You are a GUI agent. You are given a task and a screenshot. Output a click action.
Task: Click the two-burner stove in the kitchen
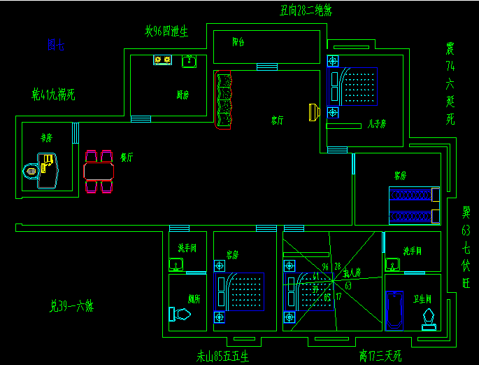pos(163,61)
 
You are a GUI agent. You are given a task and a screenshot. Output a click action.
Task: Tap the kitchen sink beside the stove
pos(189,62)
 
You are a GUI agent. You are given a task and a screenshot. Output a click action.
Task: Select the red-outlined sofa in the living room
pos(224,99)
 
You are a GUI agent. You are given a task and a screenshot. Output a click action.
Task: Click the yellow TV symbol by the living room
pos(314,111)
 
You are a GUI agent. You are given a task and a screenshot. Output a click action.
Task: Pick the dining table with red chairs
pos(99,171)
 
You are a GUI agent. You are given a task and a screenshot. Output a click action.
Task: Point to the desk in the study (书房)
pos(46,171)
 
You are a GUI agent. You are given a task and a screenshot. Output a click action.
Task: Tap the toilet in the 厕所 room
pos(180,314)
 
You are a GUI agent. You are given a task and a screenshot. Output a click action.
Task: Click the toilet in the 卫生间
pos(428,316)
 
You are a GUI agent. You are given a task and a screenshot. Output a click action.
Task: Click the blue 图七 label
pos(55,46)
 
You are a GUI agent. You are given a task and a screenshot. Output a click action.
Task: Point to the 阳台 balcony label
pos(238,42)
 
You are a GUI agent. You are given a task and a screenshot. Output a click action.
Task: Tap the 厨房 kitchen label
pos(183,95)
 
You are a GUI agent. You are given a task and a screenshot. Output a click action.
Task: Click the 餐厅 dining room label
pos(127,158)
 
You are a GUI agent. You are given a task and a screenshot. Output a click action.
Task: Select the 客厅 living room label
pos(278,120)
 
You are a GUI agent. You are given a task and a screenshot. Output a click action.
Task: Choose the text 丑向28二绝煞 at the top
pos(306,10)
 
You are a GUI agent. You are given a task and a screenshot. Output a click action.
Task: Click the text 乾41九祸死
pos(53,93)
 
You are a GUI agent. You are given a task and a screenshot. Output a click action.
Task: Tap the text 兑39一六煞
pos(71,305)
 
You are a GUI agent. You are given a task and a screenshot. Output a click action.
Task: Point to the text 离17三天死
pos(380,356)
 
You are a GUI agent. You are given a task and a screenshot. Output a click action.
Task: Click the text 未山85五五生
pos(222,356)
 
